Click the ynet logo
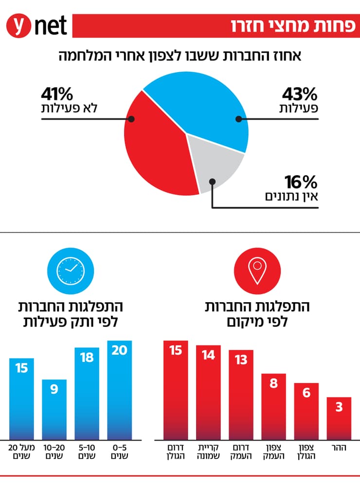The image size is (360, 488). (x=36, y=26)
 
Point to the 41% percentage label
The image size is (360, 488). (x=57, y=93)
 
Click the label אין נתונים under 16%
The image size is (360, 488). (x=291, y=197)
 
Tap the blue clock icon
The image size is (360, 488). (x=66, y=270)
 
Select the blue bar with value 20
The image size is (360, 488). (x=119, y=389)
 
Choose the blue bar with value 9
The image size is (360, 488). (x=54, y=409)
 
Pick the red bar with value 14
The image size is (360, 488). (x=208, y=392)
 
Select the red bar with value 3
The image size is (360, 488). (x=339, y=418)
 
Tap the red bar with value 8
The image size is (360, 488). (x=273, y=406)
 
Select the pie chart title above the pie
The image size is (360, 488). (x=180, y=55)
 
